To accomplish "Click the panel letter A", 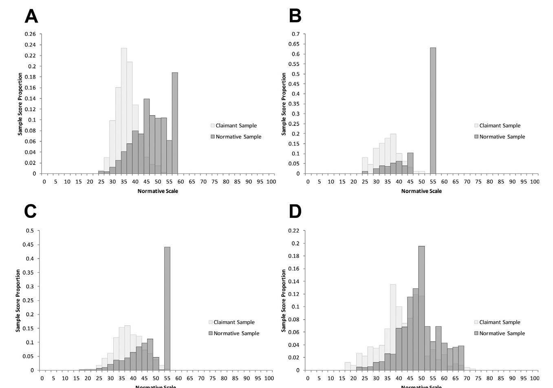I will [31, 17].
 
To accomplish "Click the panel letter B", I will [295, 16].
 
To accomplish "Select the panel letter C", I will [31, 211].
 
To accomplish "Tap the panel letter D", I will [295, 211].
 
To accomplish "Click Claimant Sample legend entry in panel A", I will [236, 125].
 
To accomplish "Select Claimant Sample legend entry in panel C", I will [234, 322].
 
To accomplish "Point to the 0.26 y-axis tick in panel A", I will [30, 34].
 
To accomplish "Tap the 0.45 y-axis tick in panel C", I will [29, 245].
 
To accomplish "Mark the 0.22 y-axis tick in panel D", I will [294, 231].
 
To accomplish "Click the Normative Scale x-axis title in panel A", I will [158, 191].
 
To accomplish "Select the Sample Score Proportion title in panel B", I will [284, 104].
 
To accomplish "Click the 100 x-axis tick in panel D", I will [534, 378].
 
